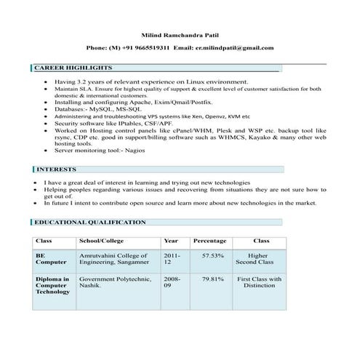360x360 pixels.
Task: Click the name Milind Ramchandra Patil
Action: [x=180, y=34]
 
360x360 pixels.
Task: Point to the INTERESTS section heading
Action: [x=57, y=169]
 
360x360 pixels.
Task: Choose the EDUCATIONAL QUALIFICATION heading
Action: [x=90, y=222]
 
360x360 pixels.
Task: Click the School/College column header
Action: [x=101, y=241]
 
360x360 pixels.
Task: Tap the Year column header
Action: [x=172, y=241]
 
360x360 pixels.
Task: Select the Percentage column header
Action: [x=209, y=241]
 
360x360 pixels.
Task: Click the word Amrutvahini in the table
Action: [x=97, y=256]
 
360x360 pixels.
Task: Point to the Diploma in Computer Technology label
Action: [x=53, y=285]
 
